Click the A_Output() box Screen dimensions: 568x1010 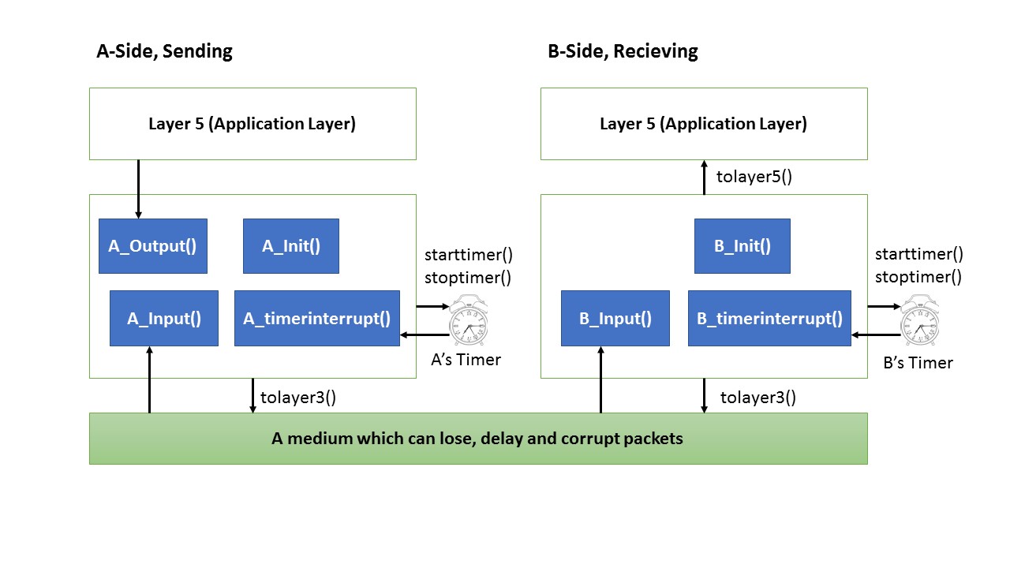point(152,245)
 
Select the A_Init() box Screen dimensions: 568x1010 point(290,245)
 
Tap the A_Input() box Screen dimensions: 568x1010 point(163,319)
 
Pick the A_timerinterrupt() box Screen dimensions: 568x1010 point(316,319)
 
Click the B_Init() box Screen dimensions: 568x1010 point(742,245)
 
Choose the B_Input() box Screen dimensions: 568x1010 point(615,319)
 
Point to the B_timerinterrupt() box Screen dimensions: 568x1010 point(769,319)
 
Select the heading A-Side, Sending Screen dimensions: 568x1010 point(164,52)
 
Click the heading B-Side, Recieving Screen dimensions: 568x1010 point(623,52)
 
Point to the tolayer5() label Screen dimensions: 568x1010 point(754,177)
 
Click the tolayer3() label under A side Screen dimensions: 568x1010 point(297,397)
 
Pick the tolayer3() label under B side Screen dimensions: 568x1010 point(757,397)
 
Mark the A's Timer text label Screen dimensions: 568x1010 point(466,360)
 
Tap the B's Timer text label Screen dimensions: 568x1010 point(917,363)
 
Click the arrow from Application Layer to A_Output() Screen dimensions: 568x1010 point(139,189)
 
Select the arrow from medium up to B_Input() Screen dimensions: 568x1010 point(601,379)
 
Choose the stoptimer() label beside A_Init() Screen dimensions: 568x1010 point(468,277)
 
